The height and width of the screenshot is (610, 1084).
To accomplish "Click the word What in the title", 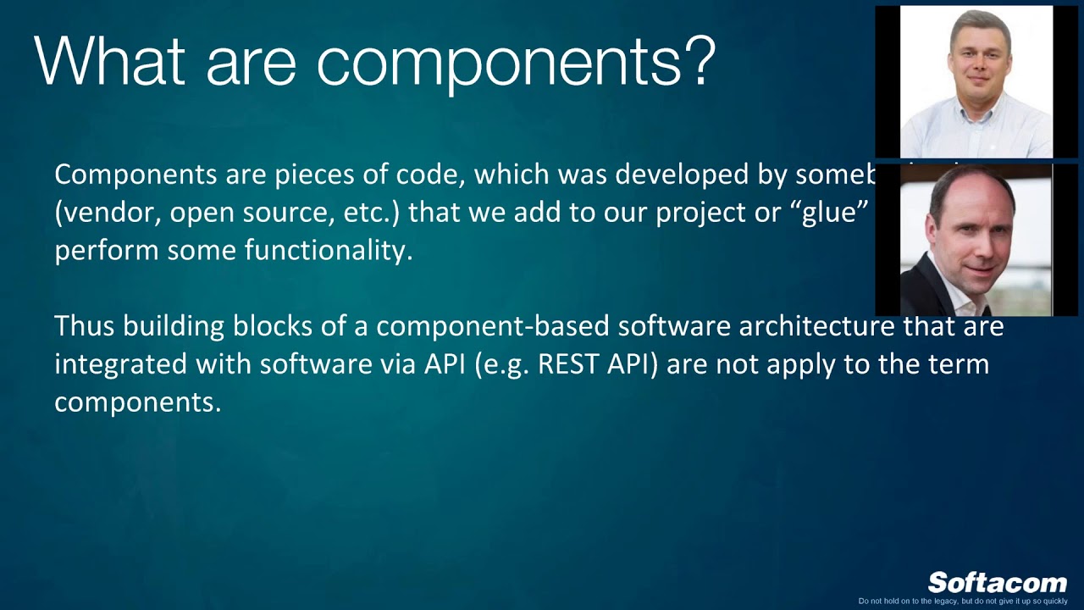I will click(109, 61).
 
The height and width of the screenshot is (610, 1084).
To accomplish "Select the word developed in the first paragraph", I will click(677, 175).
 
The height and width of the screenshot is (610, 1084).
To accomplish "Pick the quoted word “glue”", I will click(835, 213).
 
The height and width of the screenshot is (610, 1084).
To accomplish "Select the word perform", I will click(107, 251).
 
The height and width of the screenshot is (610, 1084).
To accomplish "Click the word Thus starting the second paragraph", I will click(85, 326).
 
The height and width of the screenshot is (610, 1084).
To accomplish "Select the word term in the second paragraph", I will click(959, 364).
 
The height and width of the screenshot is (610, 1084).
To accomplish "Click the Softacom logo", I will click(997, 583).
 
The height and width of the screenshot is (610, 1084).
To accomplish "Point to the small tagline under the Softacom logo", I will click(963, 602).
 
